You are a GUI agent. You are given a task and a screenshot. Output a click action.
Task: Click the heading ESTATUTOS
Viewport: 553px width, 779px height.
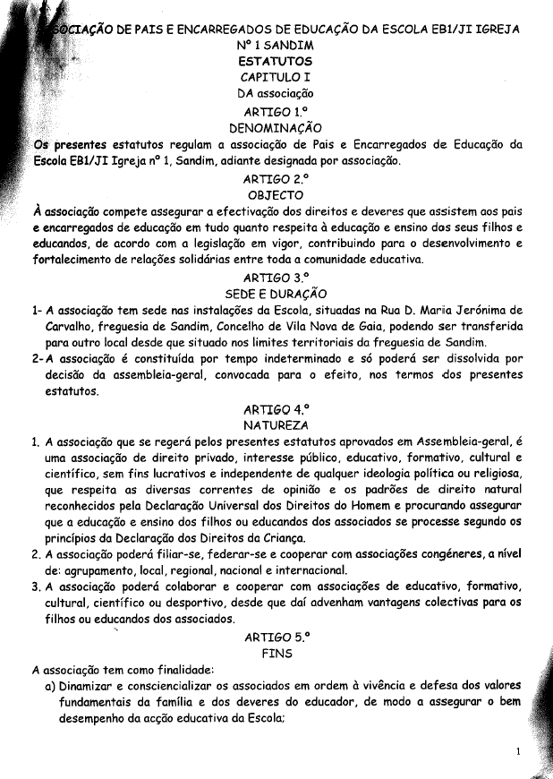click(x=276, y=61)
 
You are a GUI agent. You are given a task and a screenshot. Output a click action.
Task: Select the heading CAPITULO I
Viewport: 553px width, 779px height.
click(x=276, y=77)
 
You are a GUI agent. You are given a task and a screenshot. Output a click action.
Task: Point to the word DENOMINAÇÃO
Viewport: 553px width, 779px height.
click(x=276, y=128)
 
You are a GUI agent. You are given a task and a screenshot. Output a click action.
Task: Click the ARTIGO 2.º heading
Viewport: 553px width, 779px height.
click(x=276, y=178)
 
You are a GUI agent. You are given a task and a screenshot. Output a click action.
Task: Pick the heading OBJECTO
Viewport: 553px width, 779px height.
click(x=276, y=194)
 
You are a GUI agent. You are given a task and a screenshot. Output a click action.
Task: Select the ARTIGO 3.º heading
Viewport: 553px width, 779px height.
click(x=276, y=278)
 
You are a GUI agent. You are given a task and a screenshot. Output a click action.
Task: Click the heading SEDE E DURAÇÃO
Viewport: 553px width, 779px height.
click(x=276, y=294)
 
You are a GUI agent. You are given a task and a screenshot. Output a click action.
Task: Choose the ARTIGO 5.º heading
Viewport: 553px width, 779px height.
click(x=276, y=638)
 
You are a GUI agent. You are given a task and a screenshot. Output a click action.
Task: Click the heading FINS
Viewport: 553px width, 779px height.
click(x=276, y=654)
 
